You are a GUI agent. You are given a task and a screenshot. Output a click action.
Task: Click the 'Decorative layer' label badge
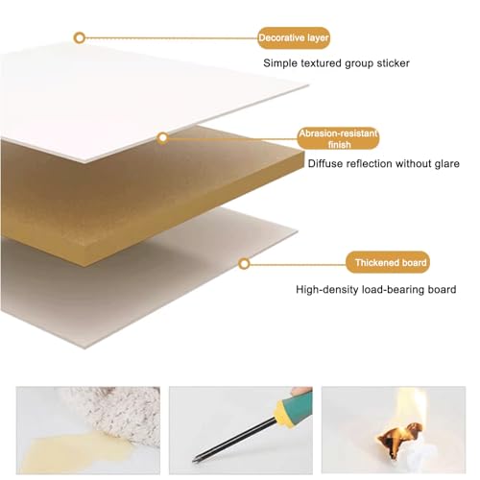tap(294, 38)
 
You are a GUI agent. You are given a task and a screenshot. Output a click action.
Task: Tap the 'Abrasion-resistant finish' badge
tap(338, 138)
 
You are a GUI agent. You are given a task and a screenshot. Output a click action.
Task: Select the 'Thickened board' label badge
tap(388, 262)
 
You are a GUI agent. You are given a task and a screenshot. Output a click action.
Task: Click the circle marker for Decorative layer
tap(80, 38)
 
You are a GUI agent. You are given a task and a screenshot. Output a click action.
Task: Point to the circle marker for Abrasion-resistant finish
tap(163, 138)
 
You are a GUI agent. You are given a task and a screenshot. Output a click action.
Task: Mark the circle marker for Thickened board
tap(244, 264)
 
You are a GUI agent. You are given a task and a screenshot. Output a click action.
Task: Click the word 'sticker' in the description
tap(393, 63)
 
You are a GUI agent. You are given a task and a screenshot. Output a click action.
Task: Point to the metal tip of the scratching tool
tap(195, 460)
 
